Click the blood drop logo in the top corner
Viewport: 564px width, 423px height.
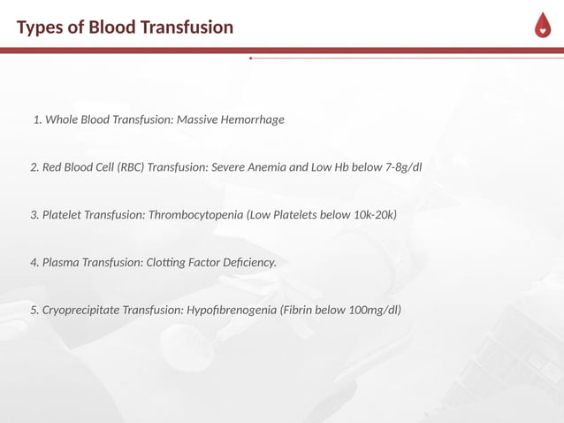[542, 27]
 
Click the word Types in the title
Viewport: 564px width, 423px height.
[39, 27]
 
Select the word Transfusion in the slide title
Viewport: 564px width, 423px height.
[186, 27]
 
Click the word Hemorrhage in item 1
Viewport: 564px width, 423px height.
[254, 119]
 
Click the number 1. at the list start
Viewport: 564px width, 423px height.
[37, 119]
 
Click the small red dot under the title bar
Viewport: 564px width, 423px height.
[251, 58]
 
